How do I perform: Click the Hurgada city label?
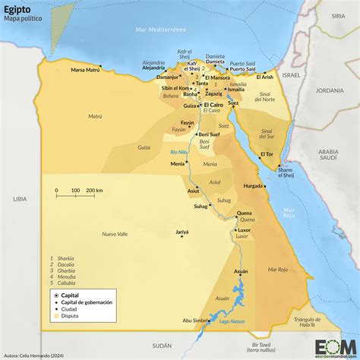(x=253, y=185)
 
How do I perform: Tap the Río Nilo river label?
(x=178, y=153)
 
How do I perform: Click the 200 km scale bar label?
(x=94, y=190)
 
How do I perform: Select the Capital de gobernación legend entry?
(x=87, y=302)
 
